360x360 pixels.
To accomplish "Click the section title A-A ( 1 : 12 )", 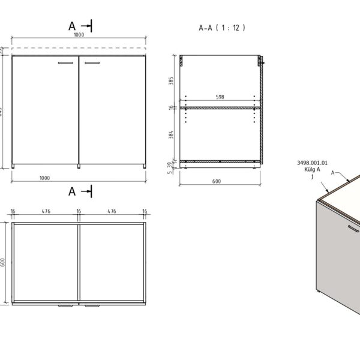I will tap(222, 28).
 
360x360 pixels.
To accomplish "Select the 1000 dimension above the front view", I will tap(79, 35).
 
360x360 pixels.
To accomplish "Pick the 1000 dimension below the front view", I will tap(79, 178).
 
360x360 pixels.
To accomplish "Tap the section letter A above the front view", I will tap(72, 25).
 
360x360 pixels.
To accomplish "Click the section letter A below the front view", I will tap(72, 191).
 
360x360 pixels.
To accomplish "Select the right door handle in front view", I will tap(93, 62).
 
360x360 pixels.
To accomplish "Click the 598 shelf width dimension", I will tap(221, 97).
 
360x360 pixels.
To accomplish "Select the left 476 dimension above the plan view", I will tap(45, 211).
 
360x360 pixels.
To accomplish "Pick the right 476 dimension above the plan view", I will tap(112, 211).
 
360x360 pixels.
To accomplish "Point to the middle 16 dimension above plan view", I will tap(79, 211).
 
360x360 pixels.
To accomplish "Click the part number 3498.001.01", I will tap(313, 163).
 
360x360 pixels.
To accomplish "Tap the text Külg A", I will tap(313, 170).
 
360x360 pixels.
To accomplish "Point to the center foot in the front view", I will tap(79, 165).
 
